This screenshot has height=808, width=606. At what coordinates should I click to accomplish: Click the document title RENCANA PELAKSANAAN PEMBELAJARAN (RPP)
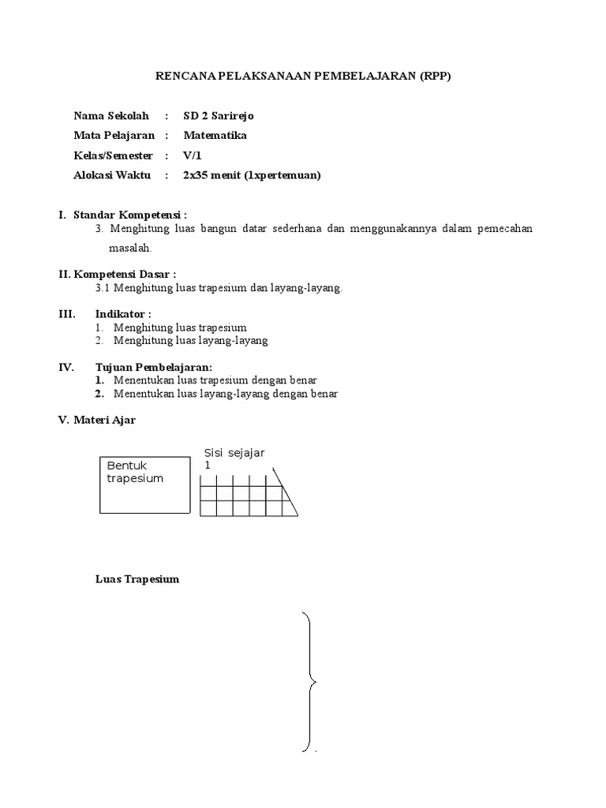[302, 77]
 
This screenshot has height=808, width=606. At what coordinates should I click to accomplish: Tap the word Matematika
[215, 135]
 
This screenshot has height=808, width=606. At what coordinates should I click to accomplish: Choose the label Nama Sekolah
[111, 116]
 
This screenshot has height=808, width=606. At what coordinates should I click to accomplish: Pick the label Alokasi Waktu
[113, 175]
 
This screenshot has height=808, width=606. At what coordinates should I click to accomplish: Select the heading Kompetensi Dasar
[125, 274]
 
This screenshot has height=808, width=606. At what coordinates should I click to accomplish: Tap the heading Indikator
[123, 313]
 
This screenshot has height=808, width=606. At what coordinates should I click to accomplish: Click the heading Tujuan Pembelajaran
[154, 367]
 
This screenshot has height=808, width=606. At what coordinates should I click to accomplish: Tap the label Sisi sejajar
[234, 452]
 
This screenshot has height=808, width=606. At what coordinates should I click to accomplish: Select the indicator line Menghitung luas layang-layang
[191, 341]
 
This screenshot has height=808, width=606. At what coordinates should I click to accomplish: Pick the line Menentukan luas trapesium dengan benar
[215, 380]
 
